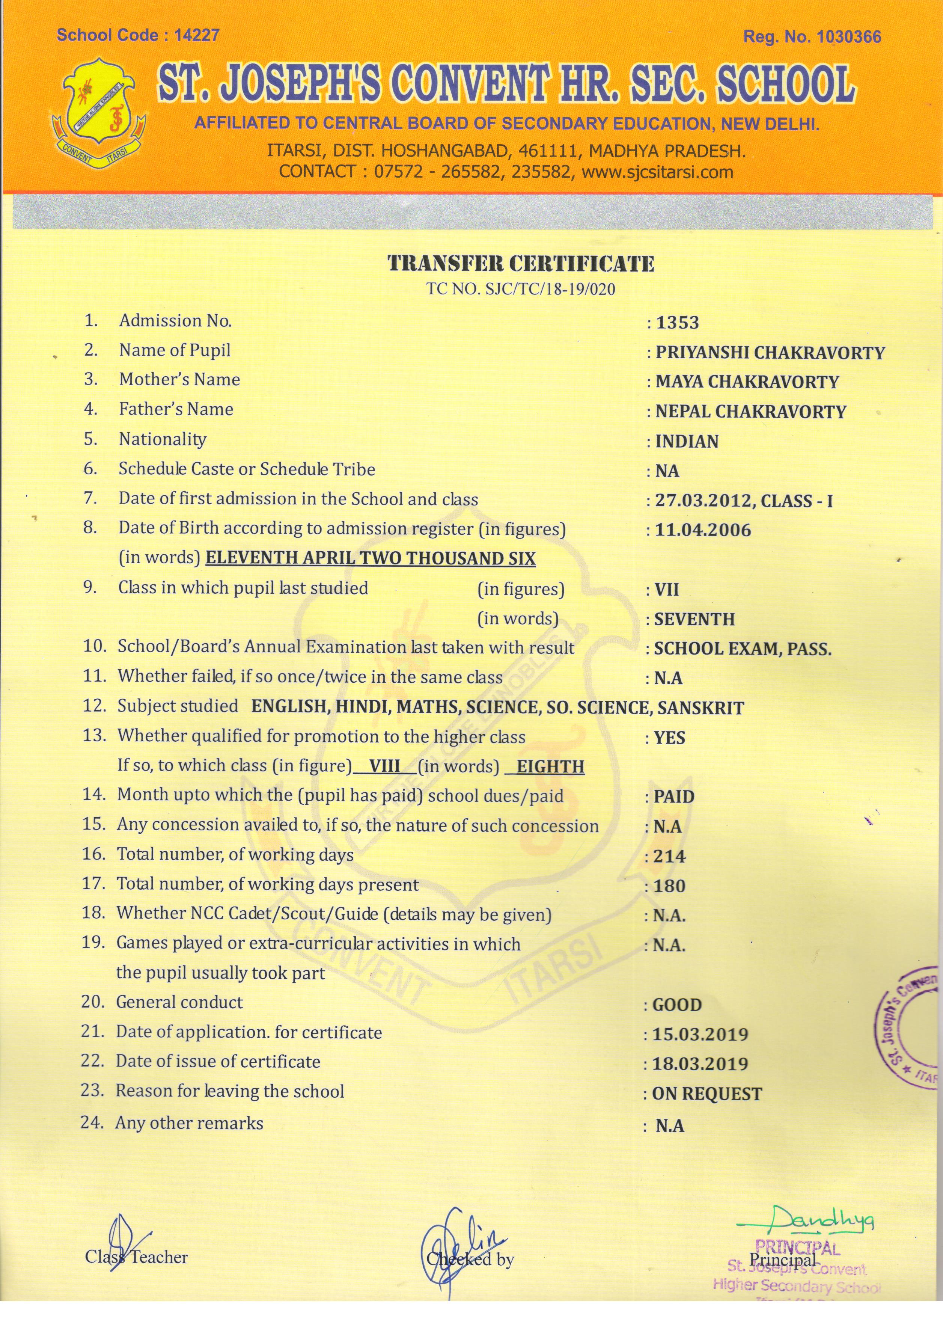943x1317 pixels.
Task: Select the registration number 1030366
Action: point(848,37)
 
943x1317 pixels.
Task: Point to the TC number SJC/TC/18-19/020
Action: point(521,289)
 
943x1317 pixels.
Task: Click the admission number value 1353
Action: point(677,323)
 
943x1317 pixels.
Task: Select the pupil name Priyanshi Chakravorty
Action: point(770,353)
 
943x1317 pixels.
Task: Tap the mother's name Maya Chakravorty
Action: point(747,382)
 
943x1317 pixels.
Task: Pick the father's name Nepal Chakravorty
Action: point(750,412)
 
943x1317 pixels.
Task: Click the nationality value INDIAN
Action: point(687,442)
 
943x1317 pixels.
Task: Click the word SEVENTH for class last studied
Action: point(694,620)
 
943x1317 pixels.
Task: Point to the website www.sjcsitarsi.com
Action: point(657,172)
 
